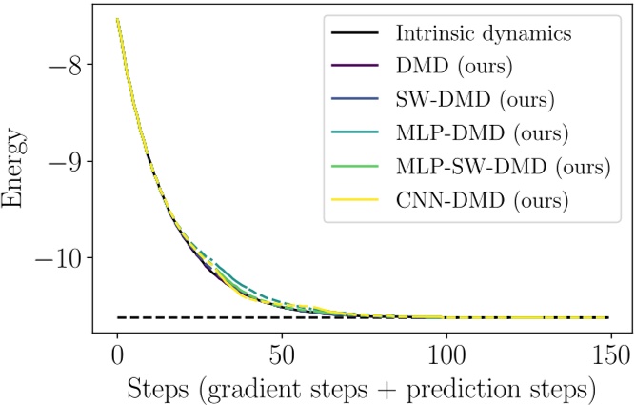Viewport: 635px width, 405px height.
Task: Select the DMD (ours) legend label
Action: pyautogui.click(x=444, y=67)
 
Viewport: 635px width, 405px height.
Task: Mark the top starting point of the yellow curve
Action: pyautogui.click(x=117, y=19)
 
